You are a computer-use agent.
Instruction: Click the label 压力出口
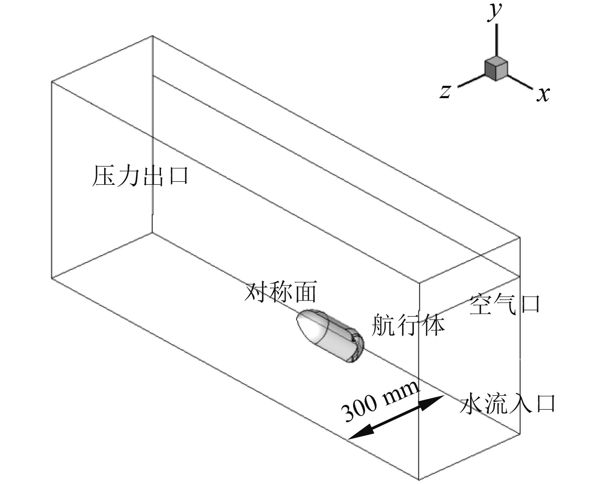pos(140,176)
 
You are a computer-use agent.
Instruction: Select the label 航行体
pos(408,325)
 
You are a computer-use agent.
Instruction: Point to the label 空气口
pos(505,304)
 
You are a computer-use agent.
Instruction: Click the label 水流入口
pos(507,403)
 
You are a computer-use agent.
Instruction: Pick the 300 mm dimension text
pos(380,401)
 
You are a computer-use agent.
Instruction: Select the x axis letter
pos(543,93)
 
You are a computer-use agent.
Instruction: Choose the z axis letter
pos(445,91)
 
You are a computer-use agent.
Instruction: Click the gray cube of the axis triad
pos(496,68)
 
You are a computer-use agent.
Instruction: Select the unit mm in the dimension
pos(401,391)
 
